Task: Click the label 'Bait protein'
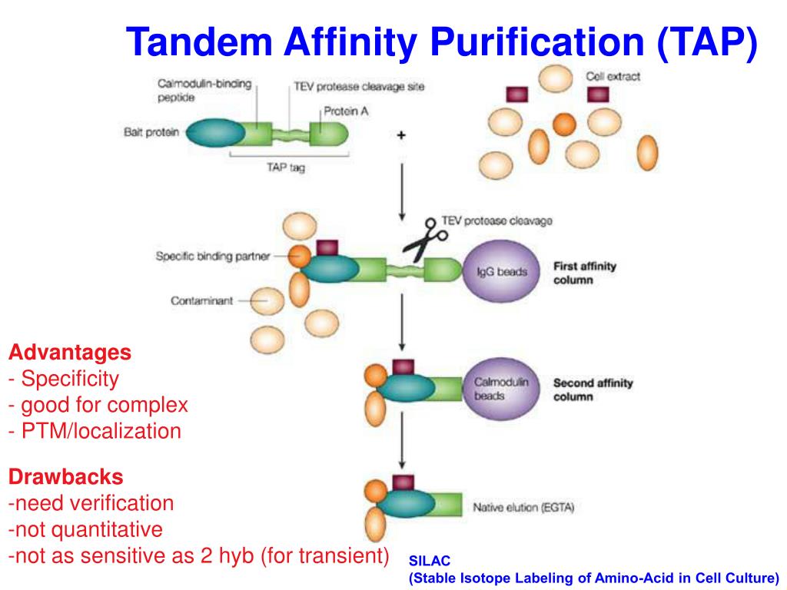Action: coord(151,132)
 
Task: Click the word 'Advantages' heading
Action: coord(70,353)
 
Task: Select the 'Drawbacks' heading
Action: coord(66,477)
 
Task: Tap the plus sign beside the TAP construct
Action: coord(401,135)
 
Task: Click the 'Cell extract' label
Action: coord(613,76)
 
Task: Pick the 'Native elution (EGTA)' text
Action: coord(523,508)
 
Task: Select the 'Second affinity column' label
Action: coord(593,389)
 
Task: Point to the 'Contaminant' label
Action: coord(201,301)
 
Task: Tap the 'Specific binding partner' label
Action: coord(213,257)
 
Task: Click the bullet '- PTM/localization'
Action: coord(95,431)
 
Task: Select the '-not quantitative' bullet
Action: coord(86,529)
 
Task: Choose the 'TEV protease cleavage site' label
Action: coord(359,87)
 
